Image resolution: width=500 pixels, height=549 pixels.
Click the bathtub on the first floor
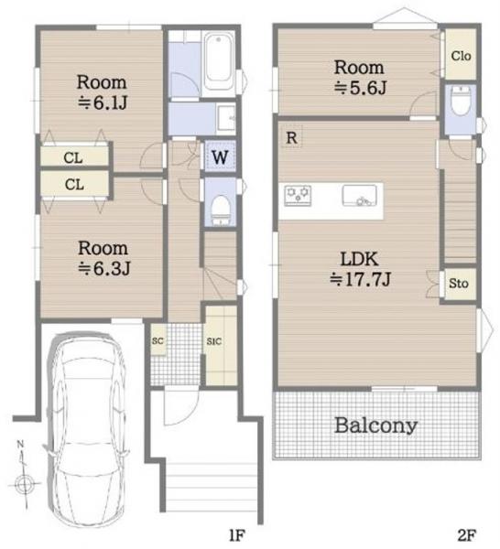click(218, 61)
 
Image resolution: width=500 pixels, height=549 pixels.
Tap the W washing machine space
click(220, 156)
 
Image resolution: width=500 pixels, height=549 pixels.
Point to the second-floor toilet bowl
click(460, 101)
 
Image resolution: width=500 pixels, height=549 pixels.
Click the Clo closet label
click(461, 56)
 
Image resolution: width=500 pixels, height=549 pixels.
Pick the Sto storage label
click(459, 283)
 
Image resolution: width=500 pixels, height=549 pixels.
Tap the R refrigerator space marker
click(291, 137)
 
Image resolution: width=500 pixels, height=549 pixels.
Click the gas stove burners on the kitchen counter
click(298, 196)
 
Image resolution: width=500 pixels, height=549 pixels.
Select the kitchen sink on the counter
click(360, 196)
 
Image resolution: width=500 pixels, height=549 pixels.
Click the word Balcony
click(376, 425)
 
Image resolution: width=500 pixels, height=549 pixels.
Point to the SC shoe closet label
click(158, 340)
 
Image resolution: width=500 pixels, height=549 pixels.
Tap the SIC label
click(214, 341)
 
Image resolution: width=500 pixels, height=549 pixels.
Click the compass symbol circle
click(24, 485)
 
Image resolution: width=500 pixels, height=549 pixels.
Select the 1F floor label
click(236, 535)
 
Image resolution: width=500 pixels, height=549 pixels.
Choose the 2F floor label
click(467, 535)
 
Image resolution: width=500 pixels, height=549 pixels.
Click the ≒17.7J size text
click(360, 279)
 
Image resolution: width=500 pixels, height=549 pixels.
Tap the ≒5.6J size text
click(360, 88)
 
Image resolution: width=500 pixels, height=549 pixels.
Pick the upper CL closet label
click(73, 158)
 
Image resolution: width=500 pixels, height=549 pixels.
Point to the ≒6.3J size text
click(104, 269)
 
